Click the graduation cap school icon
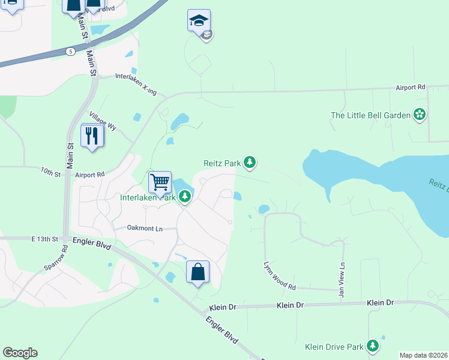click(x=199, y=20)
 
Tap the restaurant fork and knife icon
click(x=92, y=135)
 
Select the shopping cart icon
click(x=160, y=181)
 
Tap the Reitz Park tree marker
click(x=250, y=162)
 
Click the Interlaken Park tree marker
click(x=185, y=197)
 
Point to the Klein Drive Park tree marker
click(x=373, y=346)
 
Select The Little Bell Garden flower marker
click(x=419, y=115)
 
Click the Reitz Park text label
click(x=221, y=163)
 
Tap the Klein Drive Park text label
click(x=334, y=347)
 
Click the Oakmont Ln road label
click(x=145, y=228)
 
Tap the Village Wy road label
click(x=102, y=121)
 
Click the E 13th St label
click(x=44, y=239)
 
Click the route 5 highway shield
click(x=71, y=52)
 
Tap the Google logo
click(x=20, y=353)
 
